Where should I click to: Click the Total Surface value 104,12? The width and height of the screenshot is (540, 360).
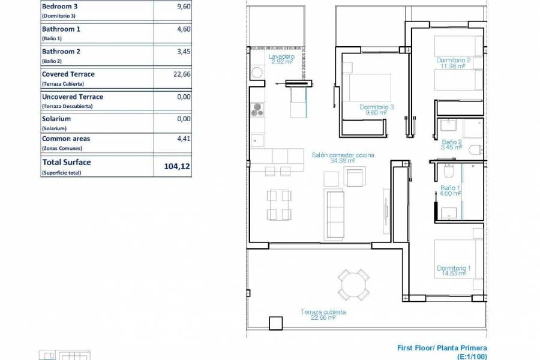[176, 166]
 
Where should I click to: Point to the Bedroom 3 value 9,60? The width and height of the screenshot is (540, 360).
[183, 7]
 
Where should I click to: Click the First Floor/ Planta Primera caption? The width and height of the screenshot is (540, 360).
[442, 348]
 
